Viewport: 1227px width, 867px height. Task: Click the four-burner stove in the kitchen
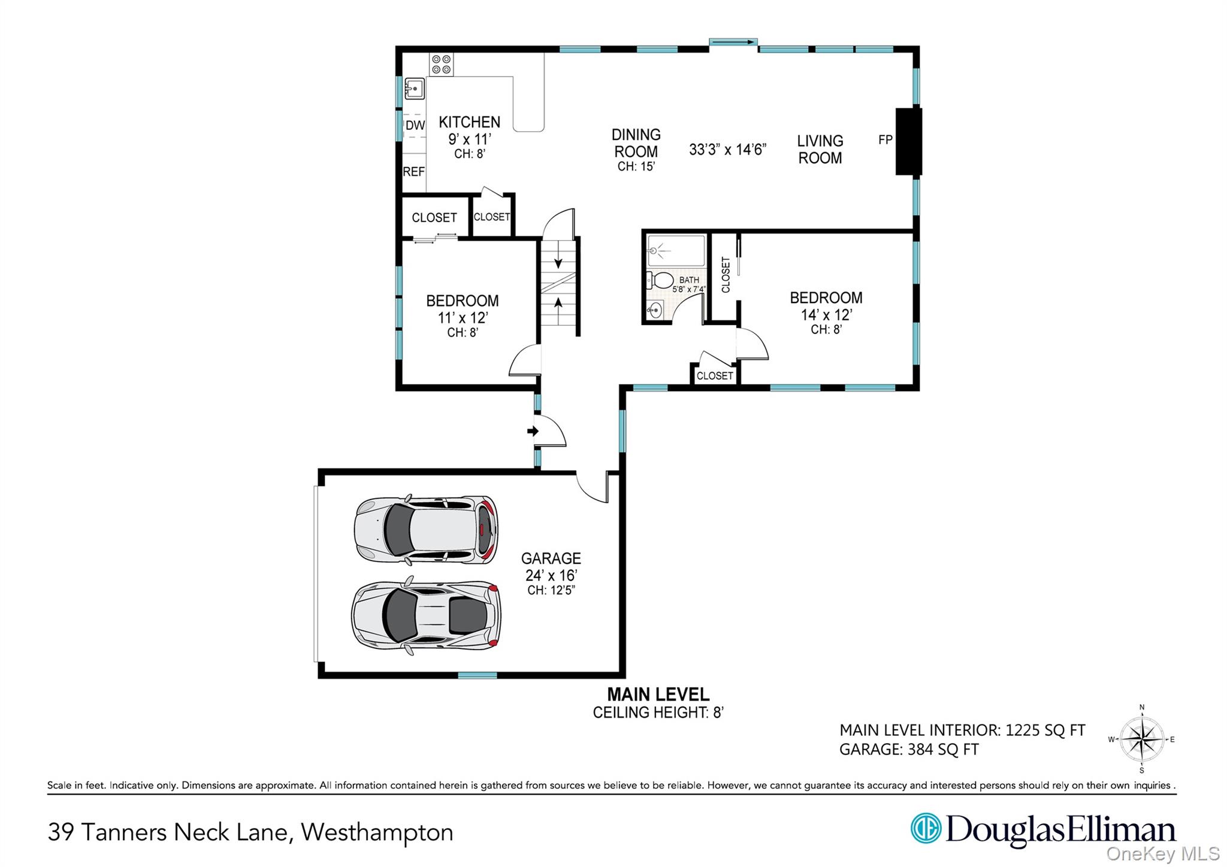(442, 65)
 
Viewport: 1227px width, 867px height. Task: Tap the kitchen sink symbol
(414, 89)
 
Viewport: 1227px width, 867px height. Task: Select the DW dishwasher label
(415, 126)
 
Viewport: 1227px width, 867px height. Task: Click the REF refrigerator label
(413, 172)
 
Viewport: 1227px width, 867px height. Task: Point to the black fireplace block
(908, 141)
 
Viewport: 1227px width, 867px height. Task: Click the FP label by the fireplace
(885, 140)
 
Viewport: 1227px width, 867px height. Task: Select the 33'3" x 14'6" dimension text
(727, 149)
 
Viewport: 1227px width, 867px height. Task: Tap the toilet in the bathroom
(660, 280)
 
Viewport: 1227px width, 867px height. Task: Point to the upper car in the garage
(426, 530)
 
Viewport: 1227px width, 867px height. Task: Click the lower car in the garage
(426, 616)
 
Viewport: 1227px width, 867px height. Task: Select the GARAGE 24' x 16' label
(551, 567)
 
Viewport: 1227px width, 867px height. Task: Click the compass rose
(1142, 739)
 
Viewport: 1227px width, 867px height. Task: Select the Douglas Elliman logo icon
(926, 829)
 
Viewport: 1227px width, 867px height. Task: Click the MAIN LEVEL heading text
(658, 695)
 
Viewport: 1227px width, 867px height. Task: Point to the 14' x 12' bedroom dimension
(826, 314)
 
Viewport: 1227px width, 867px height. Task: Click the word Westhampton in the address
(377, 832)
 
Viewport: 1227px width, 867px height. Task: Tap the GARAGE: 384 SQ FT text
(908, 750)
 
